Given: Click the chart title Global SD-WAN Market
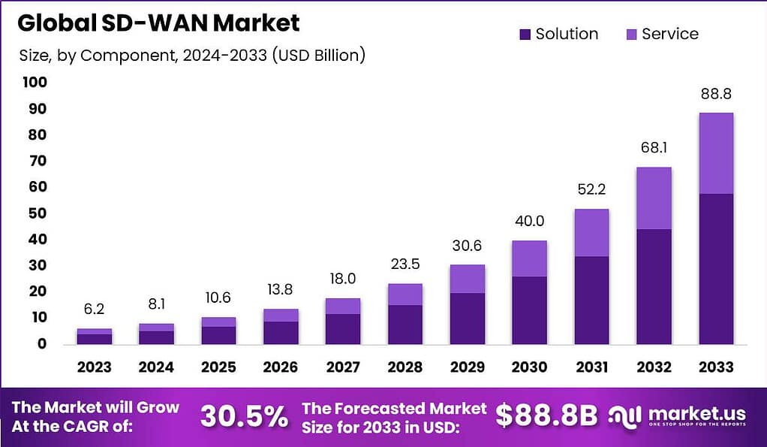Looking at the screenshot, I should [158, 23].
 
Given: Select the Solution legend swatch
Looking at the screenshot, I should [525, 34].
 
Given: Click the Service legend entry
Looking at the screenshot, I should [661, 34].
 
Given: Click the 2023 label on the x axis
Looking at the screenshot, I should [94, 367].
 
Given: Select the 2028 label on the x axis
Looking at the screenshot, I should [405, 367].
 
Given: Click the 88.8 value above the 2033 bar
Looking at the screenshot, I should [715, 95].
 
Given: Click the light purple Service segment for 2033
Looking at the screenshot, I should [715, 153].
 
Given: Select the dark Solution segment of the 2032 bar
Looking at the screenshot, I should [653, 286].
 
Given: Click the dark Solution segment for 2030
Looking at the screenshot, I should [529, 310].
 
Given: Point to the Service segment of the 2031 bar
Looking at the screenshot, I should [591, 233].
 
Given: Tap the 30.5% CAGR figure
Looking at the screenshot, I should [243, 415].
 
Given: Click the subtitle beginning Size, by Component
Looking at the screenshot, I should [191, 55].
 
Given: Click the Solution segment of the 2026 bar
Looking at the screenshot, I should [280, 332].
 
